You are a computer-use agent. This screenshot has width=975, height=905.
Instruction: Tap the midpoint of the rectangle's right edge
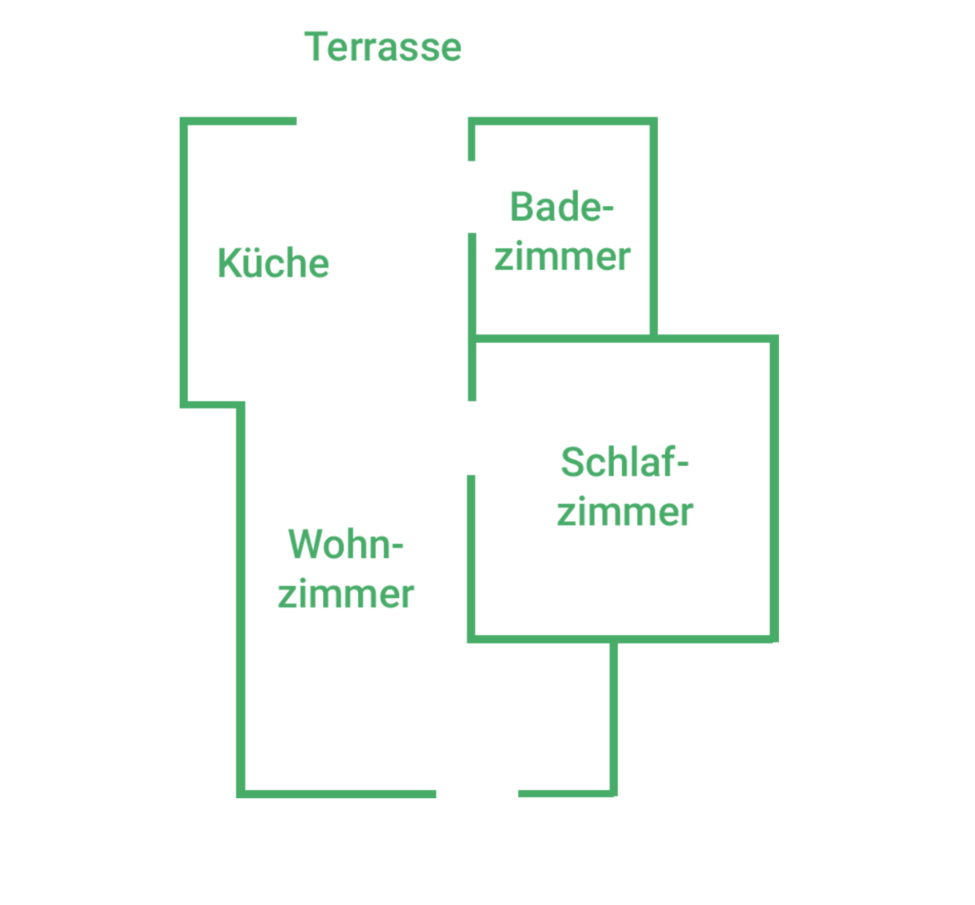click(778, 415)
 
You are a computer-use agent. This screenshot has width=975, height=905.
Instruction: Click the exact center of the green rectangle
click(479, 415)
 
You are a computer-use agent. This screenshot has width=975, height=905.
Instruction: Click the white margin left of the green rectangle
click(90, 415)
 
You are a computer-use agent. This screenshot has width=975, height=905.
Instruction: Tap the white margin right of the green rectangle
click(876, 415)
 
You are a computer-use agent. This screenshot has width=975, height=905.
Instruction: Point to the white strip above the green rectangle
click(479, 15)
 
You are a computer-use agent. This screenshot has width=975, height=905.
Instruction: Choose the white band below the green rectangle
click(479, 852)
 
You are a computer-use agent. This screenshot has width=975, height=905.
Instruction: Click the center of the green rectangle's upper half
click(479, 223)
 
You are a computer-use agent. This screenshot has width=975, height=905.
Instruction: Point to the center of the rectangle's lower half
click(479, 606)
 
